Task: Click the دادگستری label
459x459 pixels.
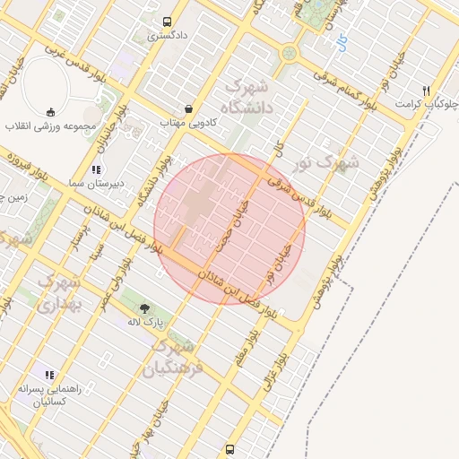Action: click(x=167, y=37)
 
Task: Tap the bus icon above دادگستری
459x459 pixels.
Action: click(x=167, y=22)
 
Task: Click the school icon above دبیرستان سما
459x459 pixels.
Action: click(x=97, y=169)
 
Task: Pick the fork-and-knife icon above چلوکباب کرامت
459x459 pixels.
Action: click(x=427, y=91)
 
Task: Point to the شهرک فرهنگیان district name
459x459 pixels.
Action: click(x=175, y=356)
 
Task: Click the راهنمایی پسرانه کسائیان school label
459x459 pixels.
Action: click(x=49, y=395)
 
